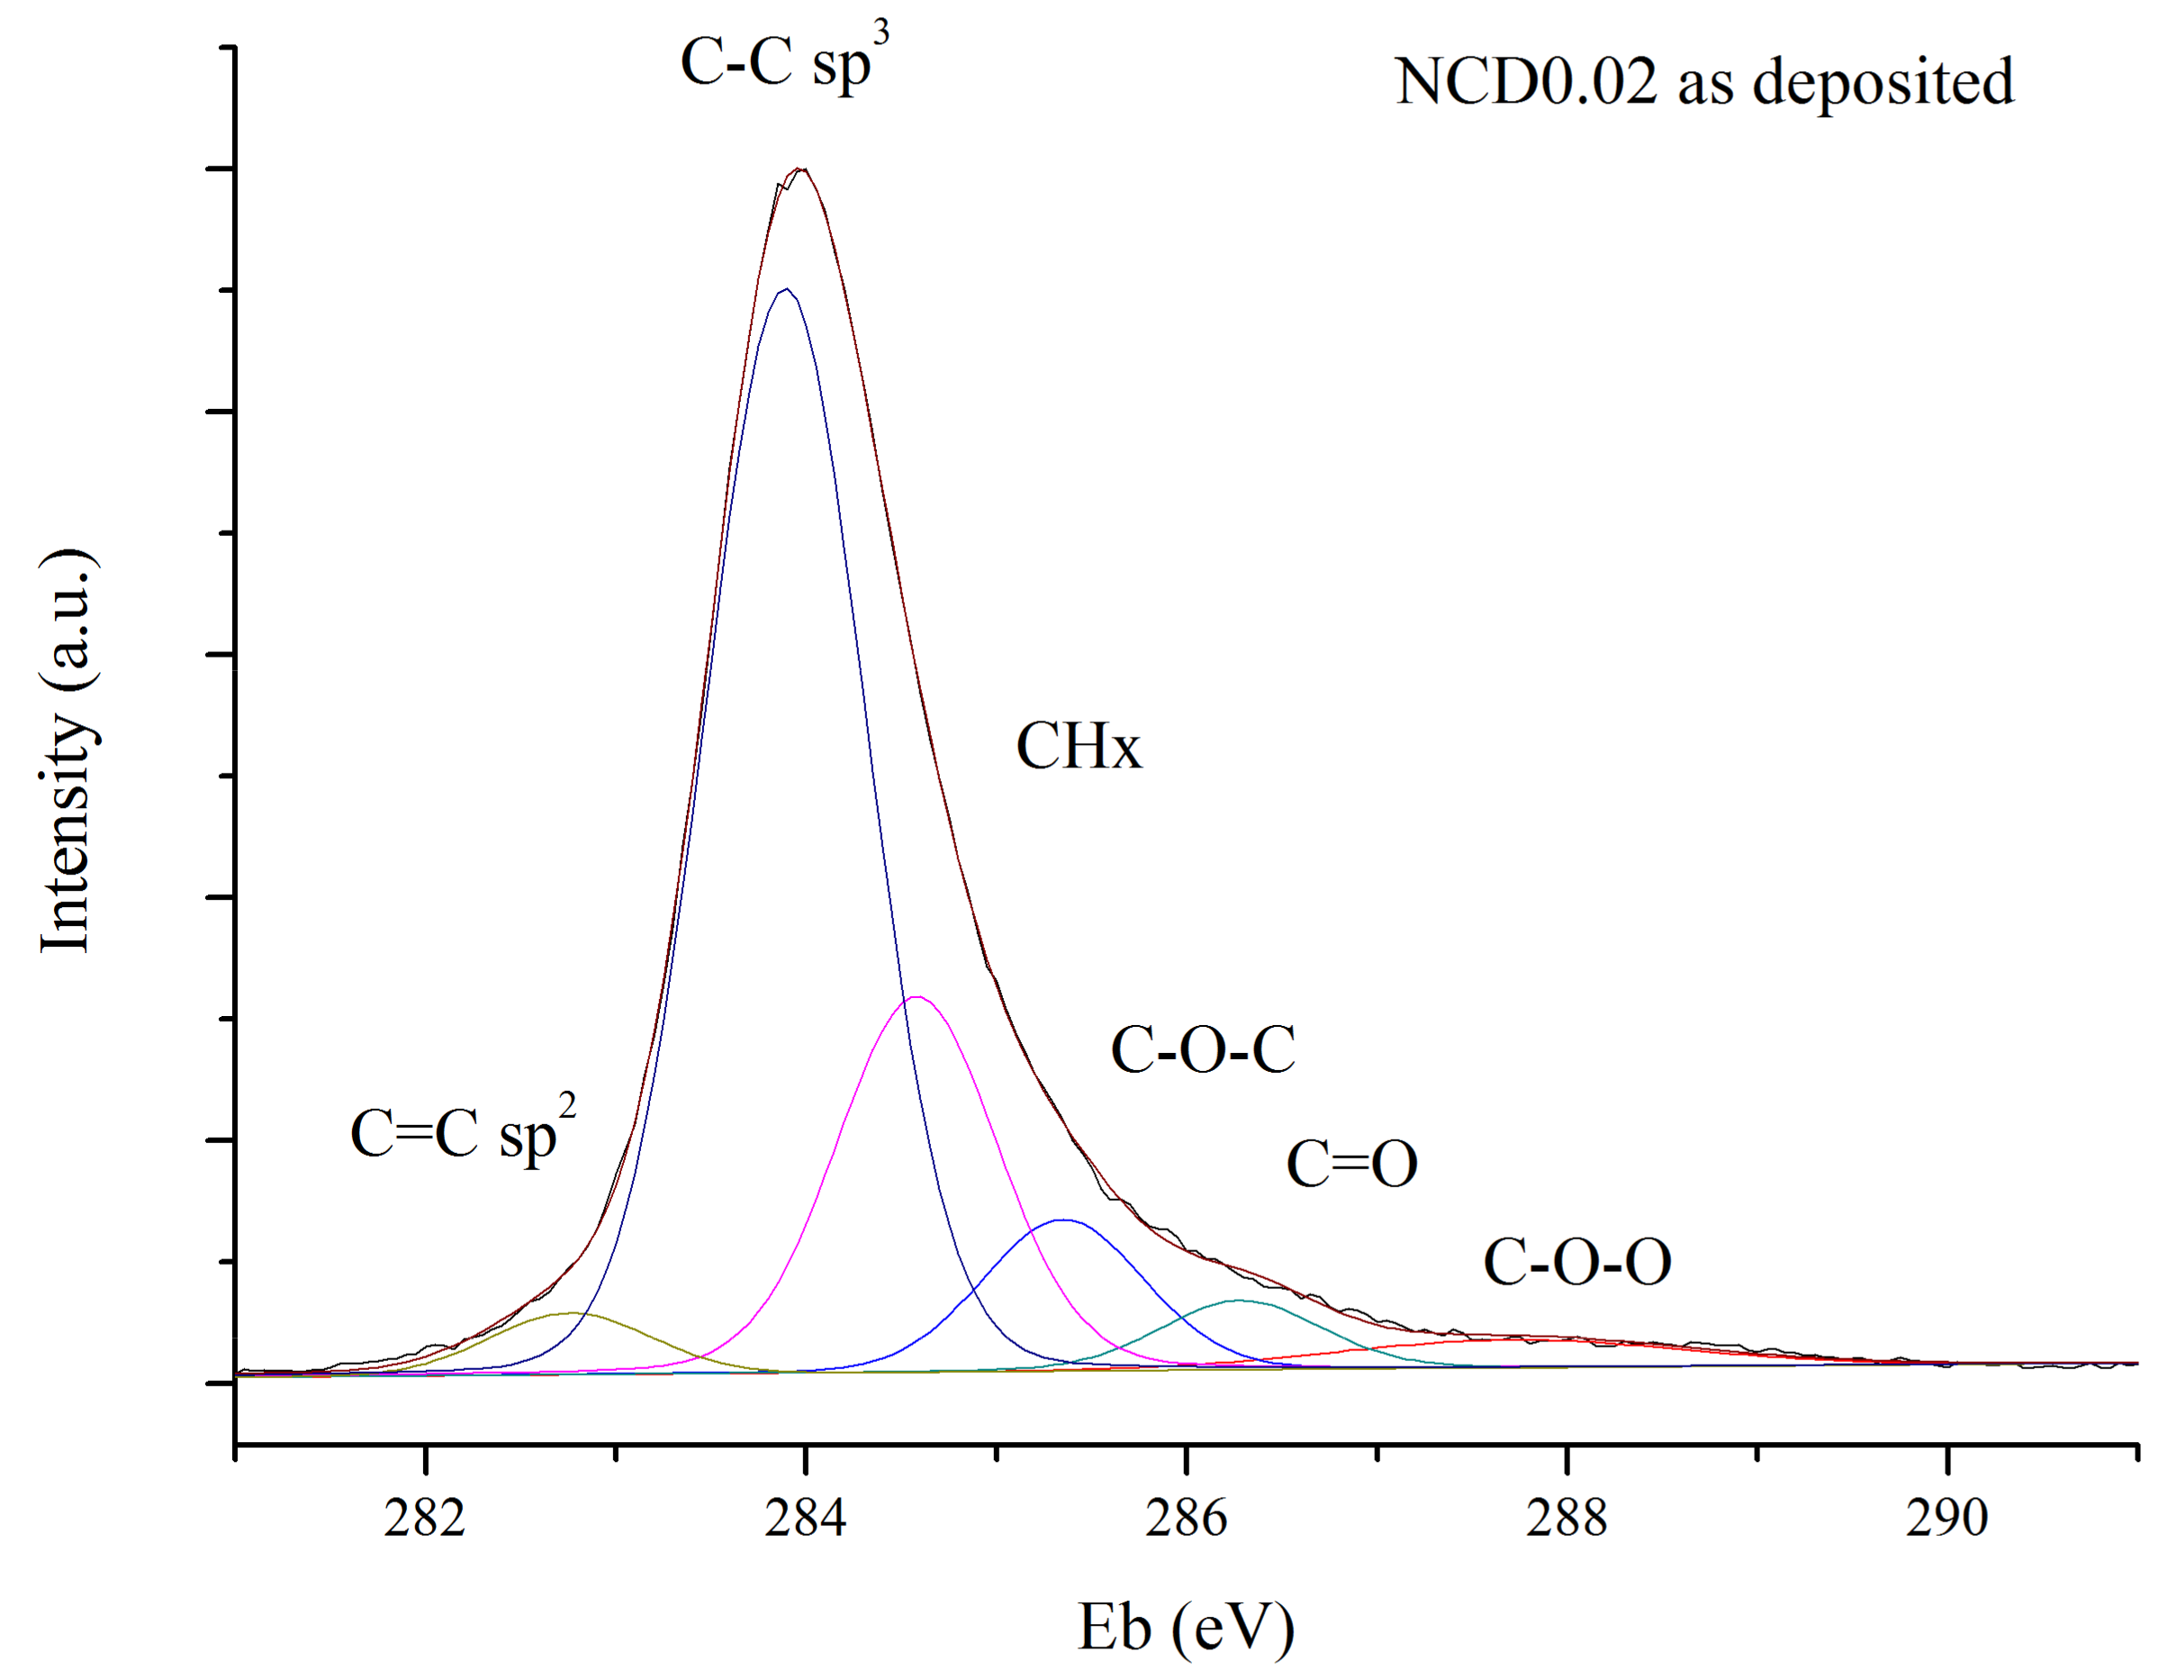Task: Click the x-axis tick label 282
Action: pyautogui.click(x=425, y=1518)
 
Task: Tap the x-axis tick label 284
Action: pyautogui.click(x=805, y=1518)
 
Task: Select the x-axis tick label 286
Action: pyautogui.click(x=1185, y=1518)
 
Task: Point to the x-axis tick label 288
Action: pyautogui.click(x=1567, y=1518)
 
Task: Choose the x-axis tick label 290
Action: pyautogui.click(x=1947, y=1518)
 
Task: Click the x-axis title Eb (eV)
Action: pyautogui.click(x=1187, y=1625)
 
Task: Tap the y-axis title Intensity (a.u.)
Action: pyautogui.click(x=68, y=750)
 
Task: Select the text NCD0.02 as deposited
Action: pyautogui.click(x=1703, y=81)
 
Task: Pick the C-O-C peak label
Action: pyautogui.click(x=1202, y=1049)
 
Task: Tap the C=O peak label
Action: pyautogui.click(x=1351, y=1164)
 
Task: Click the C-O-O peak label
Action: pyautogui.click(x=1576, y=1262)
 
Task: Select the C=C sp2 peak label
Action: pyautogui.click(x=463, y=1132)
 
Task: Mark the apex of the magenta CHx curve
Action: pyautogui.click(x=917, y=997)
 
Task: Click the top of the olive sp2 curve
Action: pyautogui.click(x=573, y=1312)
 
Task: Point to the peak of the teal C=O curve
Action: pyautogui.click(x=1239, y=1300)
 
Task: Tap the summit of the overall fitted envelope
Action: pyautogui.click(x=800, y=168)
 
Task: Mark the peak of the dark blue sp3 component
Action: pyautogui.click(x=786, y=289)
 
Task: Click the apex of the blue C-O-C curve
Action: pyautogui.click(x=1064, y=1220)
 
